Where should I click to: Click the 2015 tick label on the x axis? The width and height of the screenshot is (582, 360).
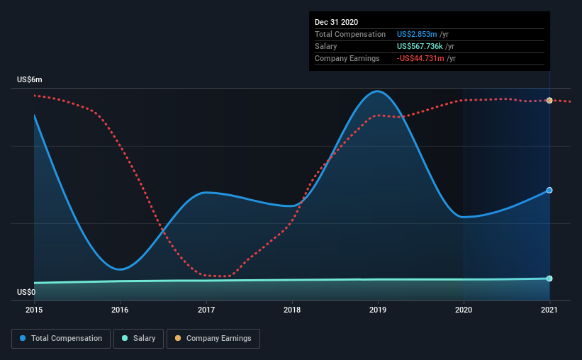point(34,310)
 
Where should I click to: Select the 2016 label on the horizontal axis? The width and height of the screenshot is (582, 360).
point(120,310)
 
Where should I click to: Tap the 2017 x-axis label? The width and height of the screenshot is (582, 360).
point(206,310)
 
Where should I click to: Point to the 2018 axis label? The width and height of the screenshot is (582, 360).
point(292,310)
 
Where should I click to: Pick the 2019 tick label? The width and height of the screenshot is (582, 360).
point(378,310)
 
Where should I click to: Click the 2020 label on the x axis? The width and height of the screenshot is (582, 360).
point(464,310)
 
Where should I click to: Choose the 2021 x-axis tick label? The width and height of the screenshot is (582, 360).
point(549,310)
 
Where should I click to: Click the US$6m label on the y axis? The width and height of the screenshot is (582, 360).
point(30,80)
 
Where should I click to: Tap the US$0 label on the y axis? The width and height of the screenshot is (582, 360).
point(26,292)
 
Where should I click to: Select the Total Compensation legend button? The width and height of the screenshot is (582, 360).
point(61,339)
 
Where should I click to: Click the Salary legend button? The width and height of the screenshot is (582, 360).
point(138,339)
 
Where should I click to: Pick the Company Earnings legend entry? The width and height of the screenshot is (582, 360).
point(213,339)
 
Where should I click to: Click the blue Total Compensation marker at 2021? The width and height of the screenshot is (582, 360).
point(549,191)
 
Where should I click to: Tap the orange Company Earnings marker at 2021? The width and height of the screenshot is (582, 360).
point(549,101)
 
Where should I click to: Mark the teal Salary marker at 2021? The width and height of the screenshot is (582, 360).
point(549,279)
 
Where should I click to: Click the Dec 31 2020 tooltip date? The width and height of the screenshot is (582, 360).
point(336,22)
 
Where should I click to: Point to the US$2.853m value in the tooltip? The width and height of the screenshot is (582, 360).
point(417,35)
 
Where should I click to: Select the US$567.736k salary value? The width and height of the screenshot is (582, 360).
point(420,46)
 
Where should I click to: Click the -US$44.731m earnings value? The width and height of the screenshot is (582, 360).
point(420,58)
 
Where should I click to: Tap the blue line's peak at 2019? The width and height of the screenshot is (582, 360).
point(377,91)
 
